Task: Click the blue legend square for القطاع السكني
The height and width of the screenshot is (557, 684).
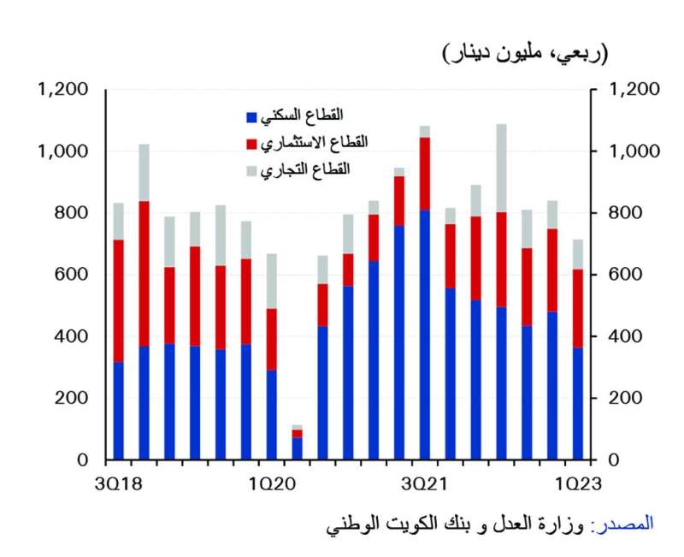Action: pyautogui.click(x=251, y=116)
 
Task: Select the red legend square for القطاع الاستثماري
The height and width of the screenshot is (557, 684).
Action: pyautogui.click(x=251, y=143)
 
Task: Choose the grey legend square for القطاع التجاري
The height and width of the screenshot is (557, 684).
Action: pyautogui.click(x=251, y=170)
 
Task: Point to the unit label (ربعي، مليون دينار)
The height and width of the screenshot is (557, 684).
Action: pyautogui.click(x=525, y=55)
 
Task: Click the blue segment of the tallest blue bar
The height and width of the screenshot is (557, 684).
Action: pyautogui.click(x=425, y=335)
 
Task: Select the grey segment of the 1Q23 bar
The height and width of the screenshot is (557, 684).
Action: pyautogui.click(x=579, y=254)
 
